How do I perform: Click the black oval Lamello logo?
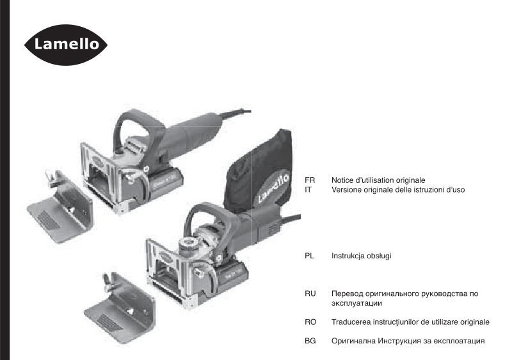click(x=66, y=45)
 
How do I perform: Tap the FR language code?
click(x=310, y=180)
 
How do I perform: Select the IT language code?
click(x=308, y=190)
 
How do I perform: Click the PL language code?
click(x=309, y=256)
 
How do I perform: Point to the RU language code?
click(x=310, y=293)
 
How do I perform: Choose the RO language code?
click(x=310, y=322)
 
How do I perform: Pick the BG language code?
click(x=310, y=341)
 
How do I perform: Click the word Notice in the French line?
click(x=342, y=180)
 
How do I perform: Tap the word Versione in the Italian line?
click(x=346, y=190)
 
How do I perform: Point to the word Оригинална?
click(x=354, y=341)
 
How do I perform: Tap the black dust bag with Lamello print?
click(x=259, y=171)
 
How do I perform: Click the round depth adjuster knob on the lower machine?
click(x=188, y=244)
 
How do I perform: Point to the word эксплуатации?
click(x=356, y=304)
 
